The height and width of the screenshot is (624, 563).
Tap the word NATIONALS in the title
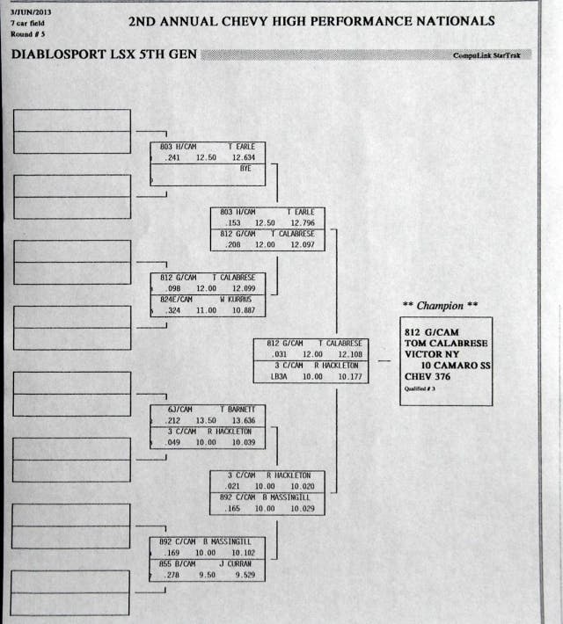coord(446,21)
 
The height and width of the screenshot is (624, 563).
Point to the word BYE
coord(245,169)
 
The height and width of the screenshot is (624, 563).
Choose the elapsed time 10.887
coord(244,310)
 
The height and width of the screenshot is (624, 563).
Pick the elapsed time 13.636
coord(244,420)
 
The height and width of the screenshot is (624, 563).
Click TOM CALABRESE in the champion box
coord(445,343)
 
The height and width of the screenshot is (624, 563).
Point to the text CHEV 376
coord(429,377)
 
